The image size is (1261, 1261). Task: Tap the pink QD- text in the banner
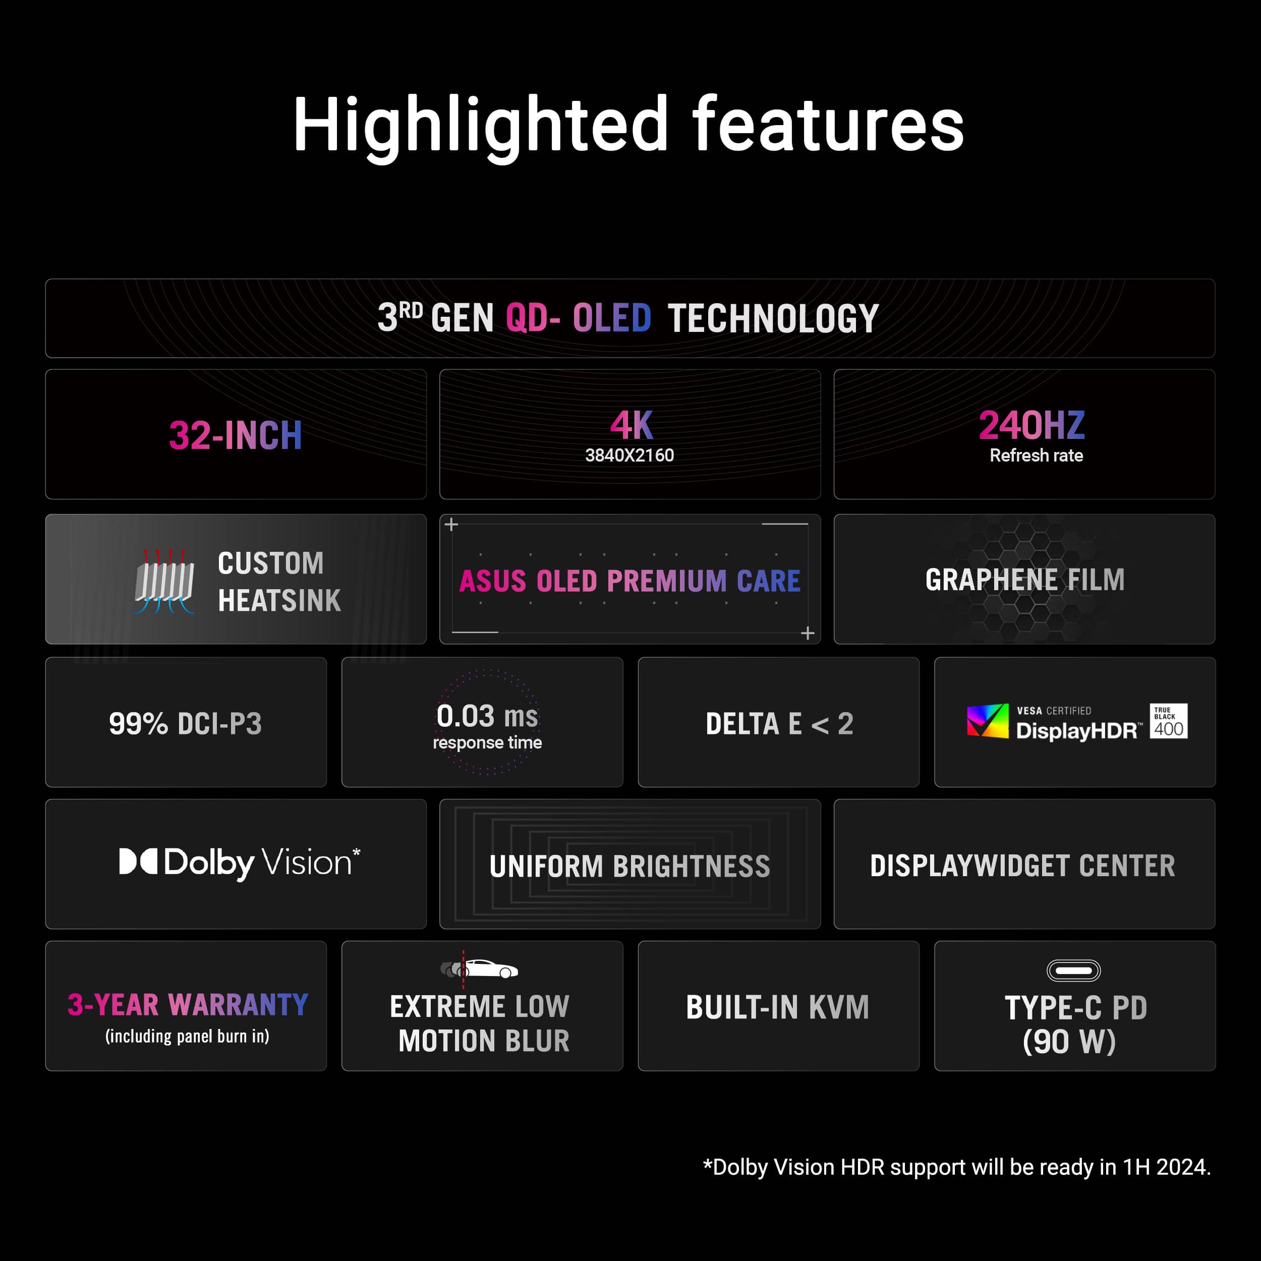[533, 318]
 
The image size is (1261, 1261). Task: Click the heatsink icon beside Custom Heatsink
[164, 581]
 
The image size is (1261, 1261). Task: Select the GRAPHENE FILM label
[1025, 580]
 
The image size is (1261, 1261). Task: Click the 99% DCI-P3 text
[185, 723]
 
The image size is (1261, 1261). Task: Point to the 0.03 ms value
[487, 716]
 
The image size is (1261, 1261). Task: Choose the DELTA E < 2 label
[779, 723]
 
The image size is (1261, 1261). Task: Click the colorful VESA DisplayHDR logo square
[988, 721]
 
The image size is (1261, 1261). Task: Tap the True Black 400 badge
[1168, 721]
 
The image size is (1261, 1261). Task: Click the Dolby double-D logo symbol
[138, 861]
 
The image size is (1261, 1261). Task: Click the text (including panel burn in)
[187, 1036]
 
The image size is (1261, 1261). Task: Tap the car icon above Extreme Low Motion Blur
[479, 968]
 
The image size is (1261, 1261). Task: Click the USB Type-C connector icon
[1074, 970]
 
